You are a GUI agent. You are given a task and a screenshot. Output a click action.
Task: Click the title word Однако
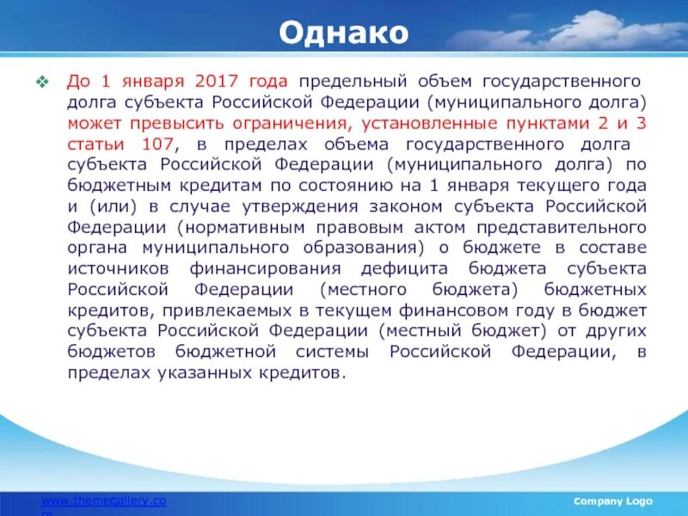click(x=343, y=34)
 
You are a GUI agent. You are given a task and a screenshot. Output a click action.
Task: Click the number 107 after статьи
click(x=157, y=144)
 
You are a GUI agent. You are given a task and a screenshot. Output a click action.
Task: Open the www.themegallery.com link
click(x=104, y=501)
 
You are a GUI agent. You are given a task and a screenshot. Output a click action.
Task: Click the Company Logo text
click(x=613, y=501)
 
